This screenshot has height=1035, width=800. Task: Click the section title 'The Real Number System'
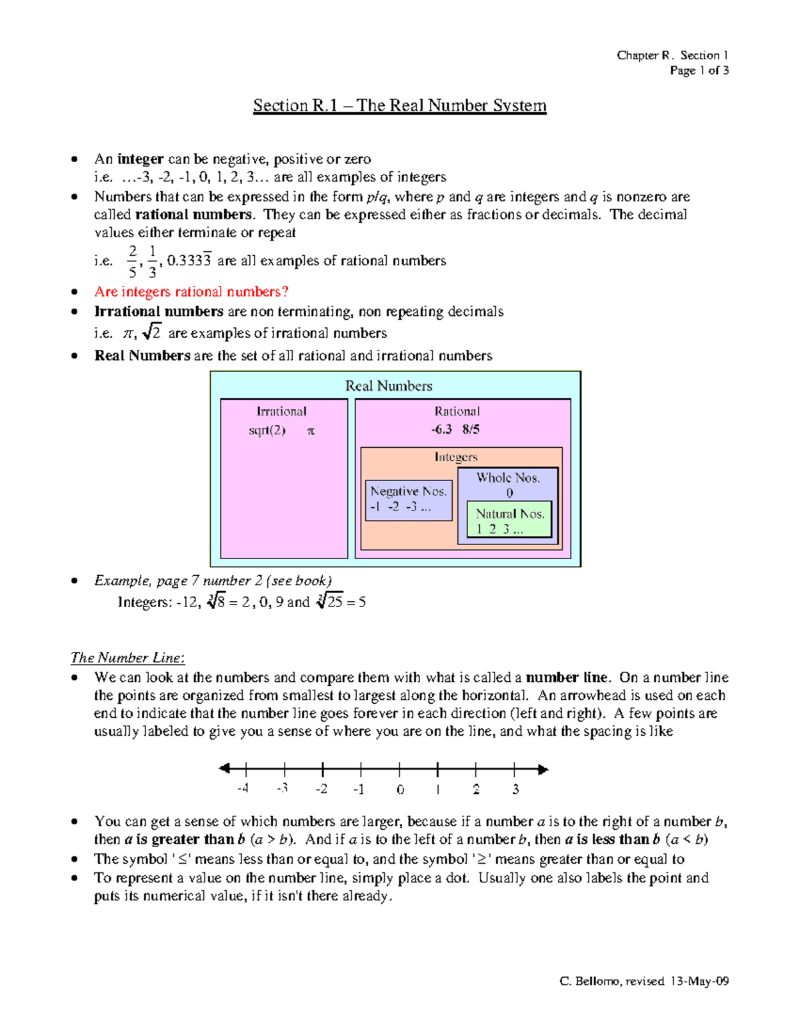tap(400, 105)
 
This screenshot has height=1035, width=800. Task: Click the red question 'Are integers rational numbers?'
tap(191, 291)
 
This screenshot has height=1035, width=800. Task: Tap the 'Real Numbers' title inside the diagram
tap(389, 386)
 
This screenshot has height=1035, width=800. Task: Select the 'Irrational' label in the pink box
tap(281, 411)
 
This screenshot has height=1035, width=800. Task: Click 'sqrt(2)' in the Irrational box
tap(267, 431)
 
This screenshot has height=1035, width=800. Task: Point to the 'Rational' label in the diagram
tap(457, 411)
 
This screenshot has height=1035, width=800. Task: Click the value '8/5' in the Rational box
tap(471, 429)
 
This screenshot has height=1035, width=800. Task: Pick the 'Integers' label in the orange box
tap(456, 457)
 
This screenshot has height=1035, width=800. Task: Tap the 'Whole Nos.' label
tap(508, 478)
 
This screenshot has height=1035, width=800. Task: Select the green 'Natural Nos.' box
tap(510, 520)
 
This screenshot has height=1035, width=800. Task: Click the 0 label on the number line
tap(400, 790)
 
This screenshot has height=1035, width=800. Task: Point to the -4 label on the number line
tap(243, 788)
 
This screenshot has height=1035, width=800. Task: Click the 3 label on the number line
tap(515, 790)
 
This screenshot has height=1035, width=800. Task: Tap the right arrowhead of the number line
tap(543, 770)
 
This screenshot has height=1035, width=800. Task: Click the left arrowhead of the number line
tap(224, 768)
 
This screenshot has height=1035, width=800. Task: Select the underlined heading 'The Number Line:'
tap(127, 658)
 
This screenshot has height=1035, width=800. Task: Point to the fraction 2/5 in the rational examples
tap(133, 261)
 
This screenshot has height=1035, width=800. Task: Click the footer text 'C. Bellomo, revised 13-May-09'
tap(644, 981)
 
